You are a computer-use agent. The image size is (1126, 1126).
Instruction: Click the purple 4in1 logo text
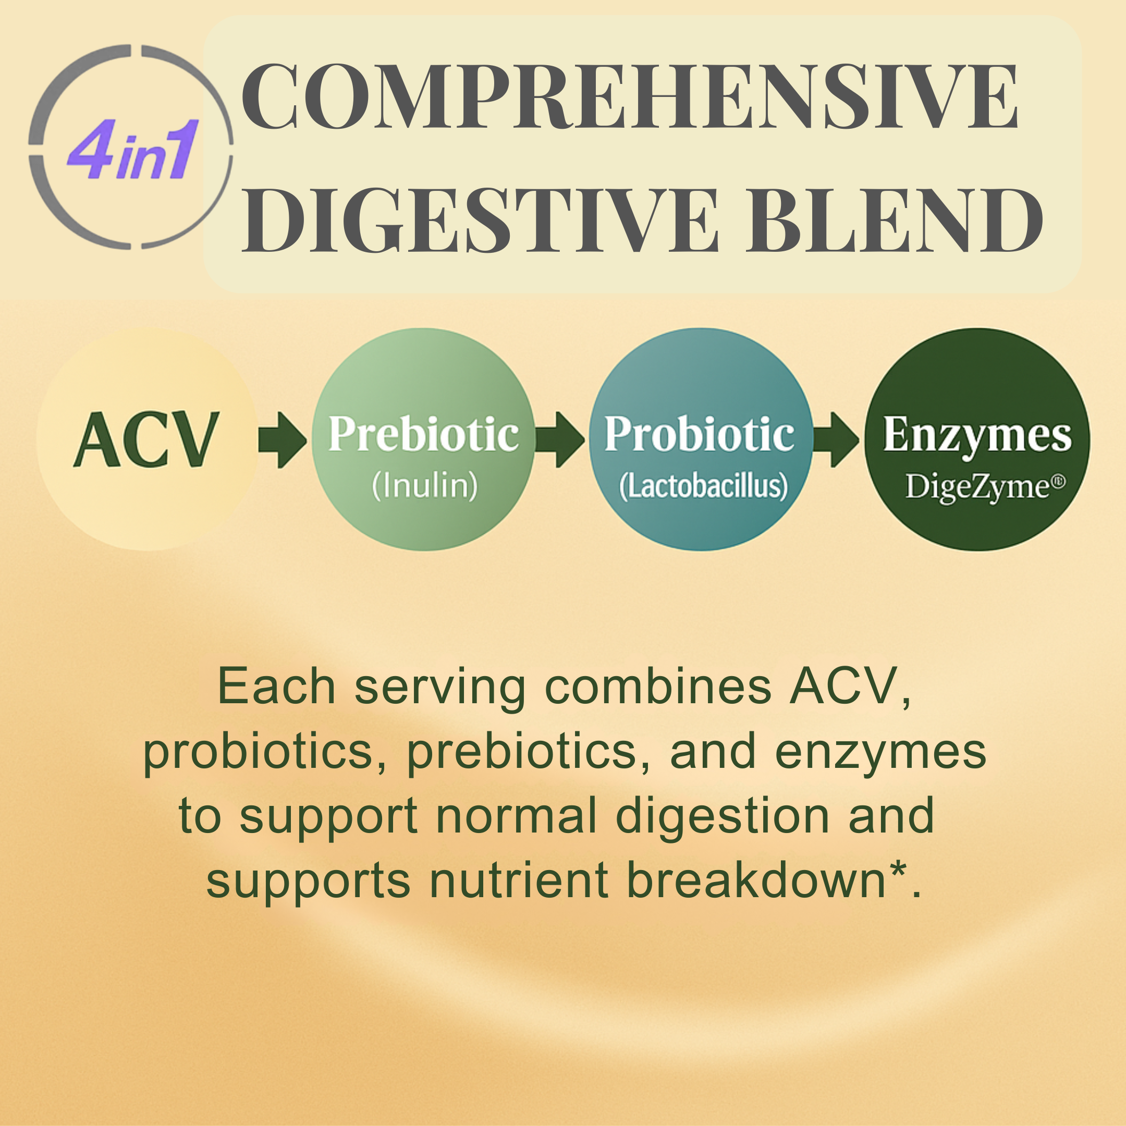point(133,149)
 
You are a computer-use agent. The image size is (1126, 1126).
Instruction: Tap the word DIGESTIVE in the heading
point(480,221)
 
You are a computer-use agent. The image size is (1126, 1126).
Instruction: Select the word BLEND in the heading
point(896,221)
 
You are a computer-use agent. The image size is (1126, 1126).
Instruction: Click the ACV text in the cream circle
point(146,439)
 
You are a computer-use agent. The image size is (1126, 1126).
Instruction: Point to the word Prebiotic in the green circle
point(424,434)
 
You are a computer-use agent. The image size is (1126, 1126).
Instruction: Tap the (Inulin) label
point(425,485)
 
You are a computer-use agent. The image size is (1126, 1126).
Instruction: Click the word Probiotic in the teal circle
point(700,434)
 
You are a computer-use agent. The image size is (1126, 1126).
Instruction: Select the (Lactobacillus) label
point(703,486)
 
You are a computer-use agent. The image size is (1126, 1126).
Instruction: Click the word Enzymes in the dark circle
point(977,436)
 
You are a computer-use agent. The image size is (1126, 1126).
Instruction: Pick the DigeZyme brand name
point(985,487)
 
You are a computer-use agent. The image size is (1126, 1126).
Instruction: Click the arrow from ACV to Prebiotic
point(283,440)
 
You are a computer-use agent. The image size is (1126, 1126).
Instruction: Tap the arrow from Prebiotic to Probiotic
point(560,440)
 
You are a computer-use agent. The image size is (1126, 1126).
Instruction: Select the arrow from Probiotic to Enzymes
point(836,440)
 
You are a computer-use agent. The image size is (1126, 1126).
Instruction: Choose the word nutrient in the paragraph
point(519,880)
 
